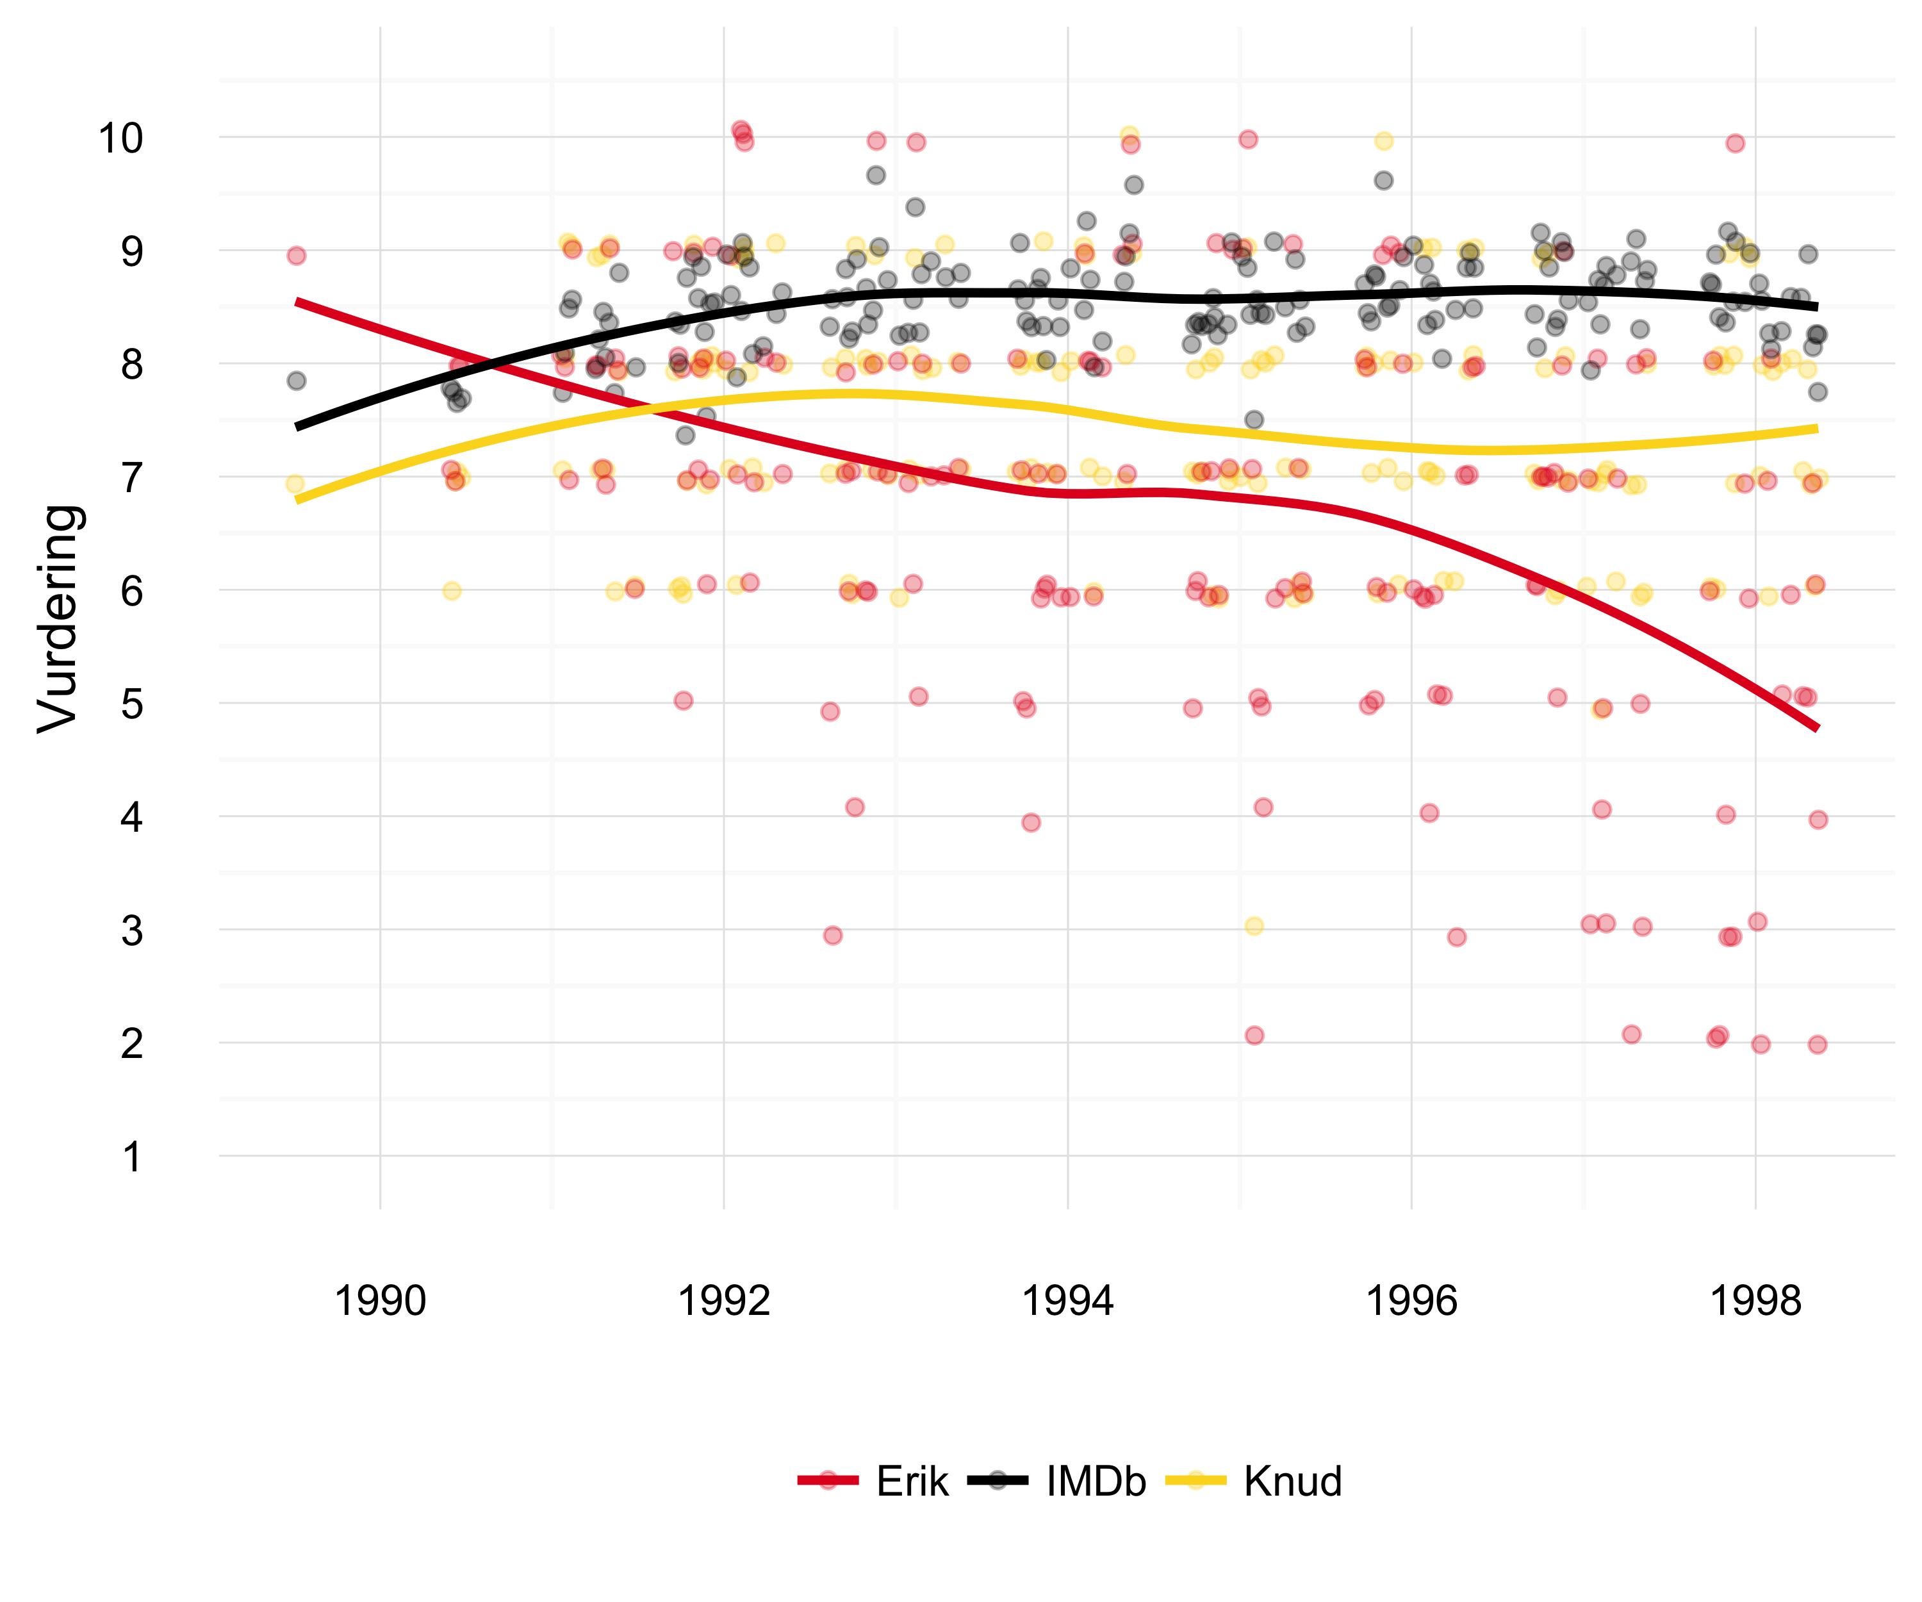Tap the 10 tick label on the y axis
(x=121, y=138)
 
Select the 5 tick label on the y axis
(x=132, y=704)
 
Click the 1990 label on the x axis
(x=380, y=1301)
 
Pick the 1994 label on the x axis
(x=1067, y=1301)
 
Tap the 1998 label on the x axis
(x=1755, y=1301)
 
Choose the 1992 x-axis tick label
(x=724, y=1301)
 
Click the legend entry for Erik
(x=912, y=1481)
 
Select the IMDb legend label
(x=1096, y=1481)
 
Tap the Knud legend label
(x=1292, y=1481)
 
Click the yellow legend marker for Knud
(x=1196, y=1481)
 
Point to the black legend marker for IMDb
(x=998, y=1481)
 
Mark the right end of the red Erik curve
(x=1817, y=728)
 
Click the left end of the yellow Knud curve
(x=297, y=500)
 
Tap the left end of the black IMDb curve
(x=297, y=427)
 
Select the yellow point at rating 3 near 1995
(x=1254, y=925)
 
